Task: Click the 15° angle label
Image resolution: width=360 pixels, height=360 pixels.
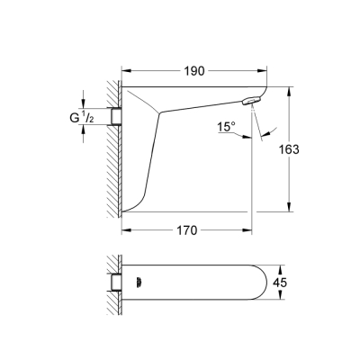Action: [227, 128]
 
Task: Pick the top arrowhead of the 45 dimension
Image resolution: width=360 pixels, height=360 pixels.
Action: [287, 267]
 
